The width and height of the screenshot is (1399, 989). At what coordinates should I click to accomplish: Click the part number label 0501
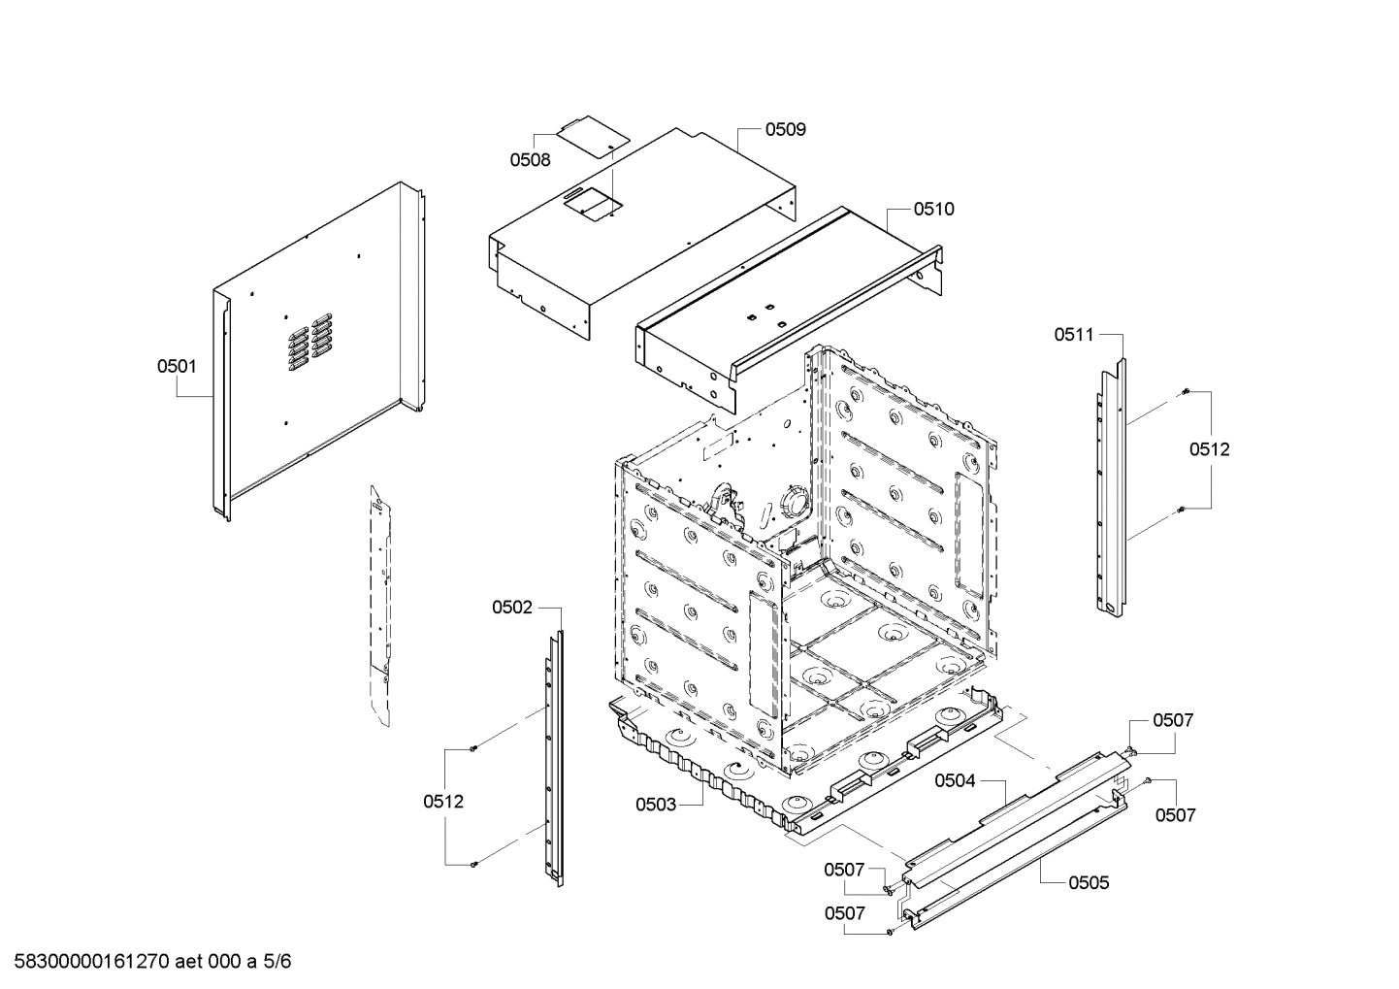(177, 366)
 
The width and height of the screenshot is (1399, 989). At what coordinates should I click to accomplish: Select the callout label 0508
(530, 159)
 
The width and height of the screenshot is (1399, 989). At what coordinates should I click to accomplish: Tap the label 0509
(785, 129)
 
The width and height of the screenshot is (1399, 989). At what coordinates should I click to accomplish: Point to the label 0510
(933, 209)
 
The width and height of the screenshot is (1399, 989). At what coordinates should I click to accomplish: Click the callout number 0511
(1074, 335)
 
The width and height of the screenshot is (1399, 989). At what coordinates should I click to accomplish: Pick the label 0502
(511, 608)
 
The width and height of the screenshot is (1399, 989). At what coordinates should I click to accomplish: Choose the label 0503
(656, 804)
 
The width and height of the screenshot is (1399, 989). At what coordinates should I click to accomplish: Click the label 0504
(955, 780)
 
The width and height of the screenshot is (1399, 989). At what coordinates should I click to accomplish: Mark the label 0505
(1089, 882)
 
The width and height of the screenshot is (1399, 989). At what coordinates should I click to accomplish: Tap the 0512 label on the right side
(1209, 449)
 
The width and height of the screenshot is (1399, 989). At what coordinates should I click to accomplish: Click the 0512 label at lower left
(442, 802)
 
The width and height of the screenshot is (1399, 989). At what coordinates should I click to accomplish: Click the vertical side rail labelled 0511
(1112, 485)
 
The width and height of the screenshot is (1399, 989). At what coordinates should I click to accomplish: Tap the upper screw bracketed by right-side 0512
(1186, 391)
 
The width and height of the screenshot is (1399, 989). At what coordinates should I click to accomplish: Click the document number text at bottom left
(146, 962)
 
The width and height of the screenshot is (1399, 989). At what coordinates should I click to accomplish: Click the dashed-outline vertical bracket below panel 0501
(380, 602)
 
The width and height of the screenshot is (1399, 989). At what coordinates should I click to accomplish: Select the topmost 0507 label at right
(1172, 720)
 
